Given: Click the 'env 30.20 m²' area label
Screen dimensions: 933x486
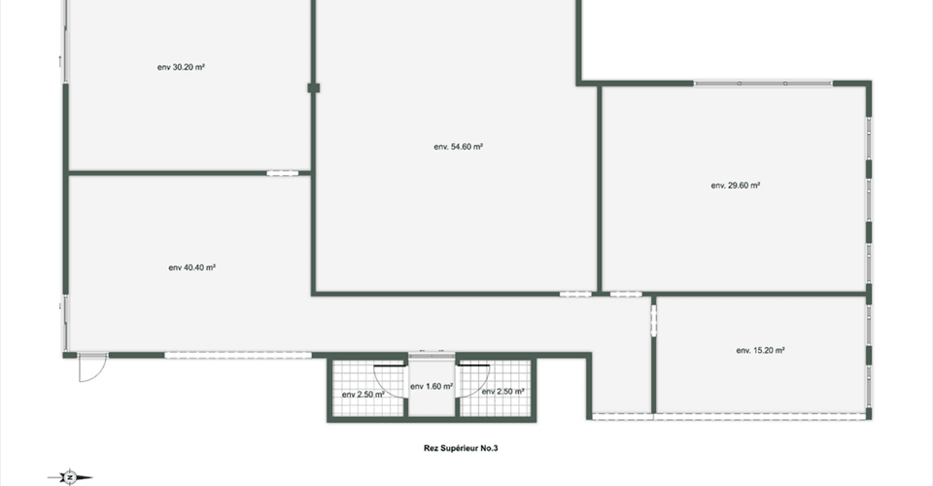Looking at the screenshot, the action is pyautogui.click(x=181, y=67).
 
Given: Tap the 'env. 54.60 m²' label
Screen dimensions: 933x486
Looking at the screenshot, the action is pyautogui.click(x=458, y=147).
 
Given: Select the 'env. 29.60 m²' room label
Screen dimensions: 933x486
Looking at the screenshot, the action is pyautogui.click(x=736, y=185).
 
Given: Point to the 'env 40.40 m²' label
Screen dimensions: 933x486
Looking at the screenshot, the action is pyautogui.click(x=191, y=267).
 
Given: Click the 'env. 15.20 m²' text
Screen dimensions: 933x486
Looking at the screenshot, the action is pyautogui.click(x=760, y=350).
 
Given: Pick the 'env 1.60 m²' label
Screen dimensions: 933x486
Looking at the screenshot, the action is pyautogui.click(x=432, y=387).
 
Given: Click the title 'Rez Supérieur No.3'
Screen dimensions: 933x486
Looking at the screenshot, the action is pyautogui.click(x=461, y=448).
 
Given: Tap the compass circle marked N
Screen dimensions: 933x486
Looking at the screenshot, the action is pyautogui.click(x=70, y=477).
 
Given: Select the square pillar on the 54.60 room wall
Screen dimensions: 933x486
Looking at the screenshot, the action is pyautogui.click(x=314, y=88).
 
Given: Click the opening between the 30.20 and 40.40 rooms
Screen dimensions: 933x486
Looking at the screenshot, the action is pyautogui.click(x=282, y=173).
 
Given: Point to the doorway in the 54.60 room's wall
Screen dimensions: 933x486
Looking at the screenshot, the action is pyautogui.click(x=575, y=294).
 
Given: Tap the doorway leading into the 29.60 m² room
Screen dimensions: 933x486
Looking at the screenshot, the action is pyautogui.click(x=626, y=294).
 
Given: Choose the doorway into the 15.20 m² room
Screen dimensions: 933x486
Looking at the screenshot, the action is pyautogui.click(x=653, y=321).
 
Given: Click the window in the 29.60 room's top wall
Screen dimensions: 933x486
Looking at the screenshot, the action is pyautogui.click(x=763, y=84).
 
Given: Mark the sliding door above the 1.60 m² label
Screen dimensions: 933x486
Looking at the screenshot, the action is pyautogui.click(x=432, y=356).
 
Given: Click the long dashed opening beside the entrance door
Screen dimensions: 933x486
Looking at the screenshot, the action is pyautogui.click(x=238, y=355).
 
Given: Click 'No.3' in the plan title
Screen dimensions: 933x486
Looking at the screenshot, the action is pyautogui.click(x=490, y=448).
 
